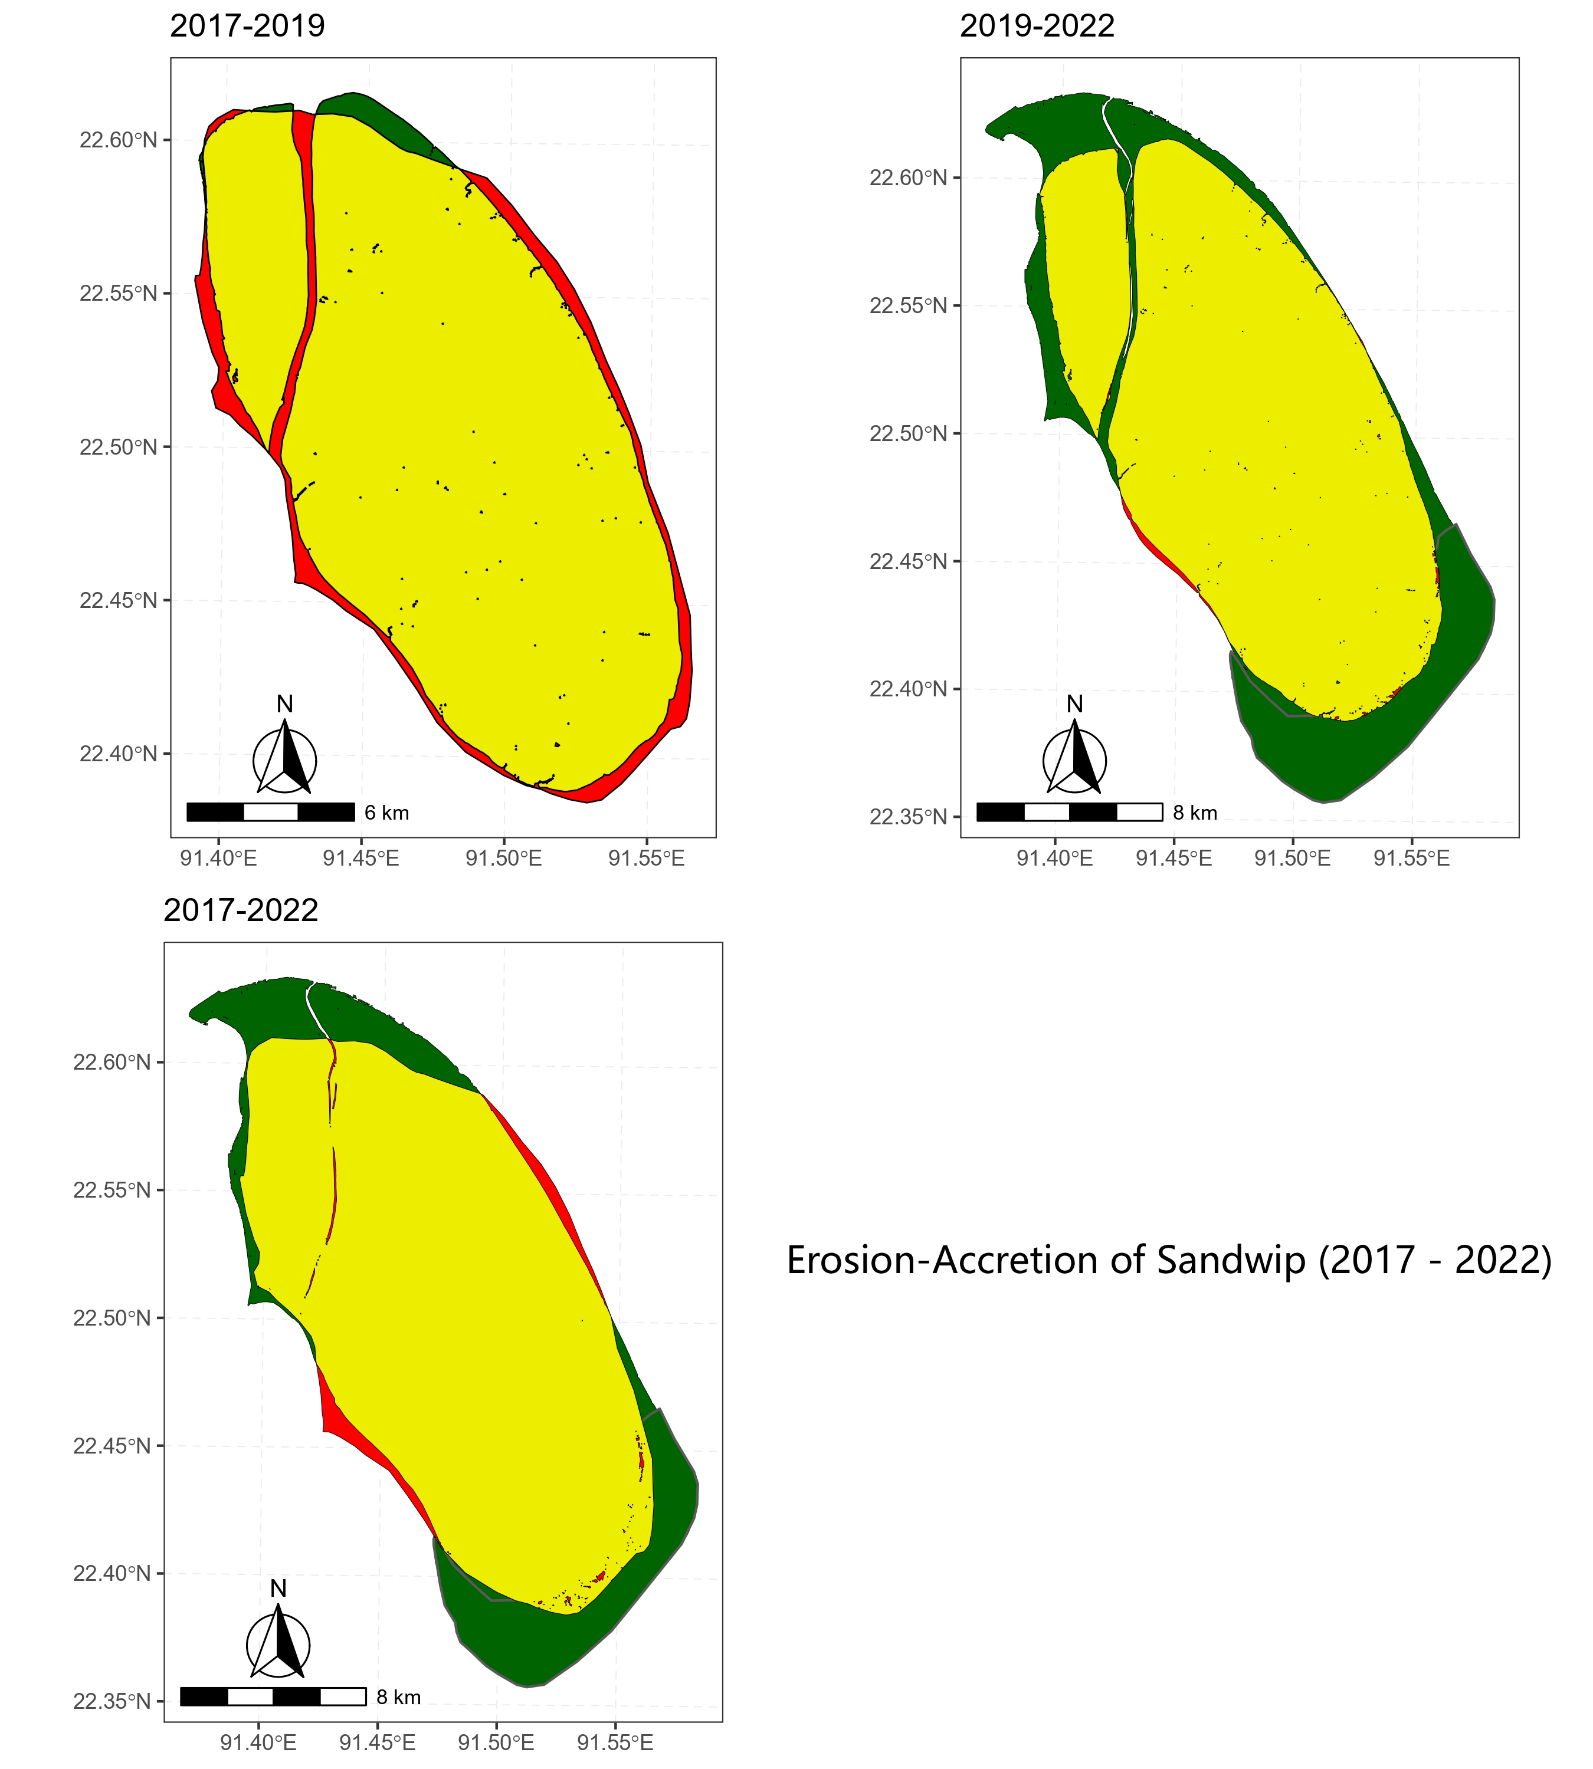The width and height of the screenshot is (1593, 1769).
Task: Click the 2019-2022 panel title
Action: tap(1037, 27)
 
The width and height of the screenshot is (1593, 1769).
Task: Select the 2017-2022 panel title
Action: tap(241, 911)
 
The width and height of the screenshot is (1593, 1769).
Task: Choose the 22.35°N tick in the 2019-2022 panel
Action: tap(909, 817)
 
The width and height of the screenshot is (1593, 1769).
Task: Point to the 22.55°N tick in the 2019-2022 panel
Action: tap(909, 306)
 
